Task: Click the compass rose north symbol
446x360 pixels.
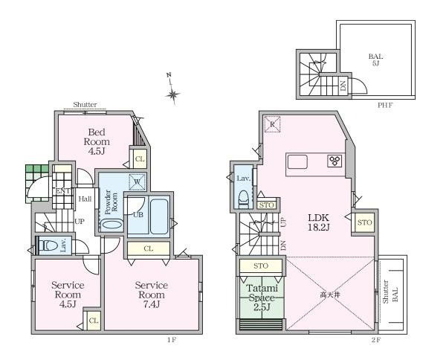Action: pyautogui.click(x=172, y=91)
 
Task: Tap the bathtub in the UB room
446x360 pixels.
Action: pyautogui.click(x=159, y=216)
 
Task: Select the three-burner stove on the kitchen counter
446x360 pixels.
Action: pyautogui.click(x=334, y=161)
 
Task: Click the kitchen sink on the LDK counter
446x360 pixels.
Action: pyautogui.click(x=297, y=161)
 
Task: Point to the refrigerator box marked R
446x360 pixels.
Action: pyautogui.click(x=272, y=124)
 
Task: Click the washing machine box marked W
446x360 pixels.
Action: pyautogui.click(x=137, y=182)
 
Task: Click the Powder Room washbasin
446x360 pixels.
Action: pyautogui.click(x=112, y=224)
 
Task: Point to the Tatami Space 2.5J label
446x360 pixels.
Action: pyautogui.click(x=262, y=298)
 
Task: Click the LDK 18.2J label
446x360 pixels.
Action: pyautogui.click(x=319, y=222)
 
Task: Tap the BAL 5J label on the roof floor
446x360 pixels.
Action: pyautogui.click(x=375, y=60)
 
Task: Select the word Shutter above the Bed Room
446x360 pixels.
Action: pyautogui.click(x=85, y=104)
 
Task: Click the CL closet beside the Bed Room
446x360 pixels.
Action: pyautogui.click(x=140, y=158)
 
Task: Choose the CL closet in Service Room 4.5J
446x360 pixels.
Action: pyautogui.click(x=93, y=321)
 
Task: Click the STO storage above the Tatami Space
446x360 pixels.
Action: pyautogui.click(x=261, y=266)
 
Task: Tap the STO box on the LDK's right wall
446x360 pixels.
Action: pyautogui.click(x=364, y=222)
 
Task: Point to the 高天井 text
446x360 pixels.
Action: pyautogui.click(x=330, y=295)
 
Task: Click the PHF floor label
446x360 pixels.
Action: pyautogui.click(x=385, y=106)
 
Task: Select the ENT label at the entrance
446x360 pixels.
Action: pyautogui.click(x=63, y=191)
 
